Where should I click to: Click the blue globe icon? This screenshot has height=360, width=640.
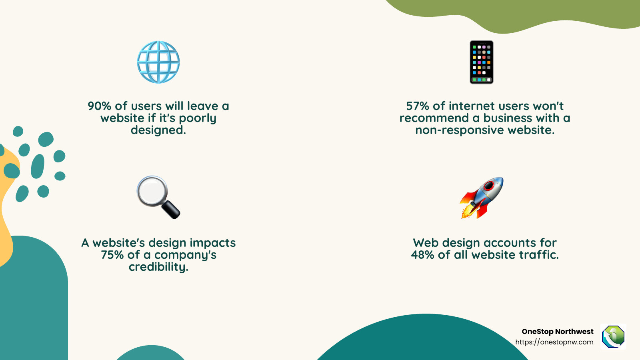tap(158, 62)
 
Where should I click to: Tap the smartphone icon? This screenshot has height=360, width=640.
tap(481, 62)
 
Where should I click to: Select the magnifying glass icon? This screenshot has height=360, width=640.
tap(158, 197)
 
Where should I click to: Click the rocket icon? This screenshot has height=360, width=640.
tap(482, 198)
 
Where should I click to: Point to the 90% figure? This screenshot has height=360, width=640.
tap(99, 106)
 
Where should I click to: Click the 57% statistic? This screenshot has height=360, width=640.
tap(418, 106)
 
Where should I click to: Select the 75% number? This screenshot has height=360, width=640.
tap(112, 255)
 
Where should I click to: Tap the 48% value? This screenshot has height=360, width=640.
tap(422, 255)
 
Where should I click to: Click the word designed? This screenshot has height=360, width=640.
tap(158, 130)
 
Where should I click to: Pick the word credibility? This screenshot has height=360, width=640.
tap(158, 267)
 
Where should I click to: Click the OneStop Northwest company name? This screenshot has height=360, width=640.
tap(557, 332)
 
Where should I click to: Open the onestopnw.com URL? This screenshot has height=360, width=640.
tap(554, 342)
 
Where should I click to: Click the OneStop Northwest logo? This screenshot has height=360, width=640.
tap(613, 336)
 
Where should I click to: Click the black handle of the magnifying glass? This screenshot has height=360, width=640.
tap(171, 209)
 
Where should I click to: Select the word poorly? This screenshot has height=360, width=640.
tap(198, 118)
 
